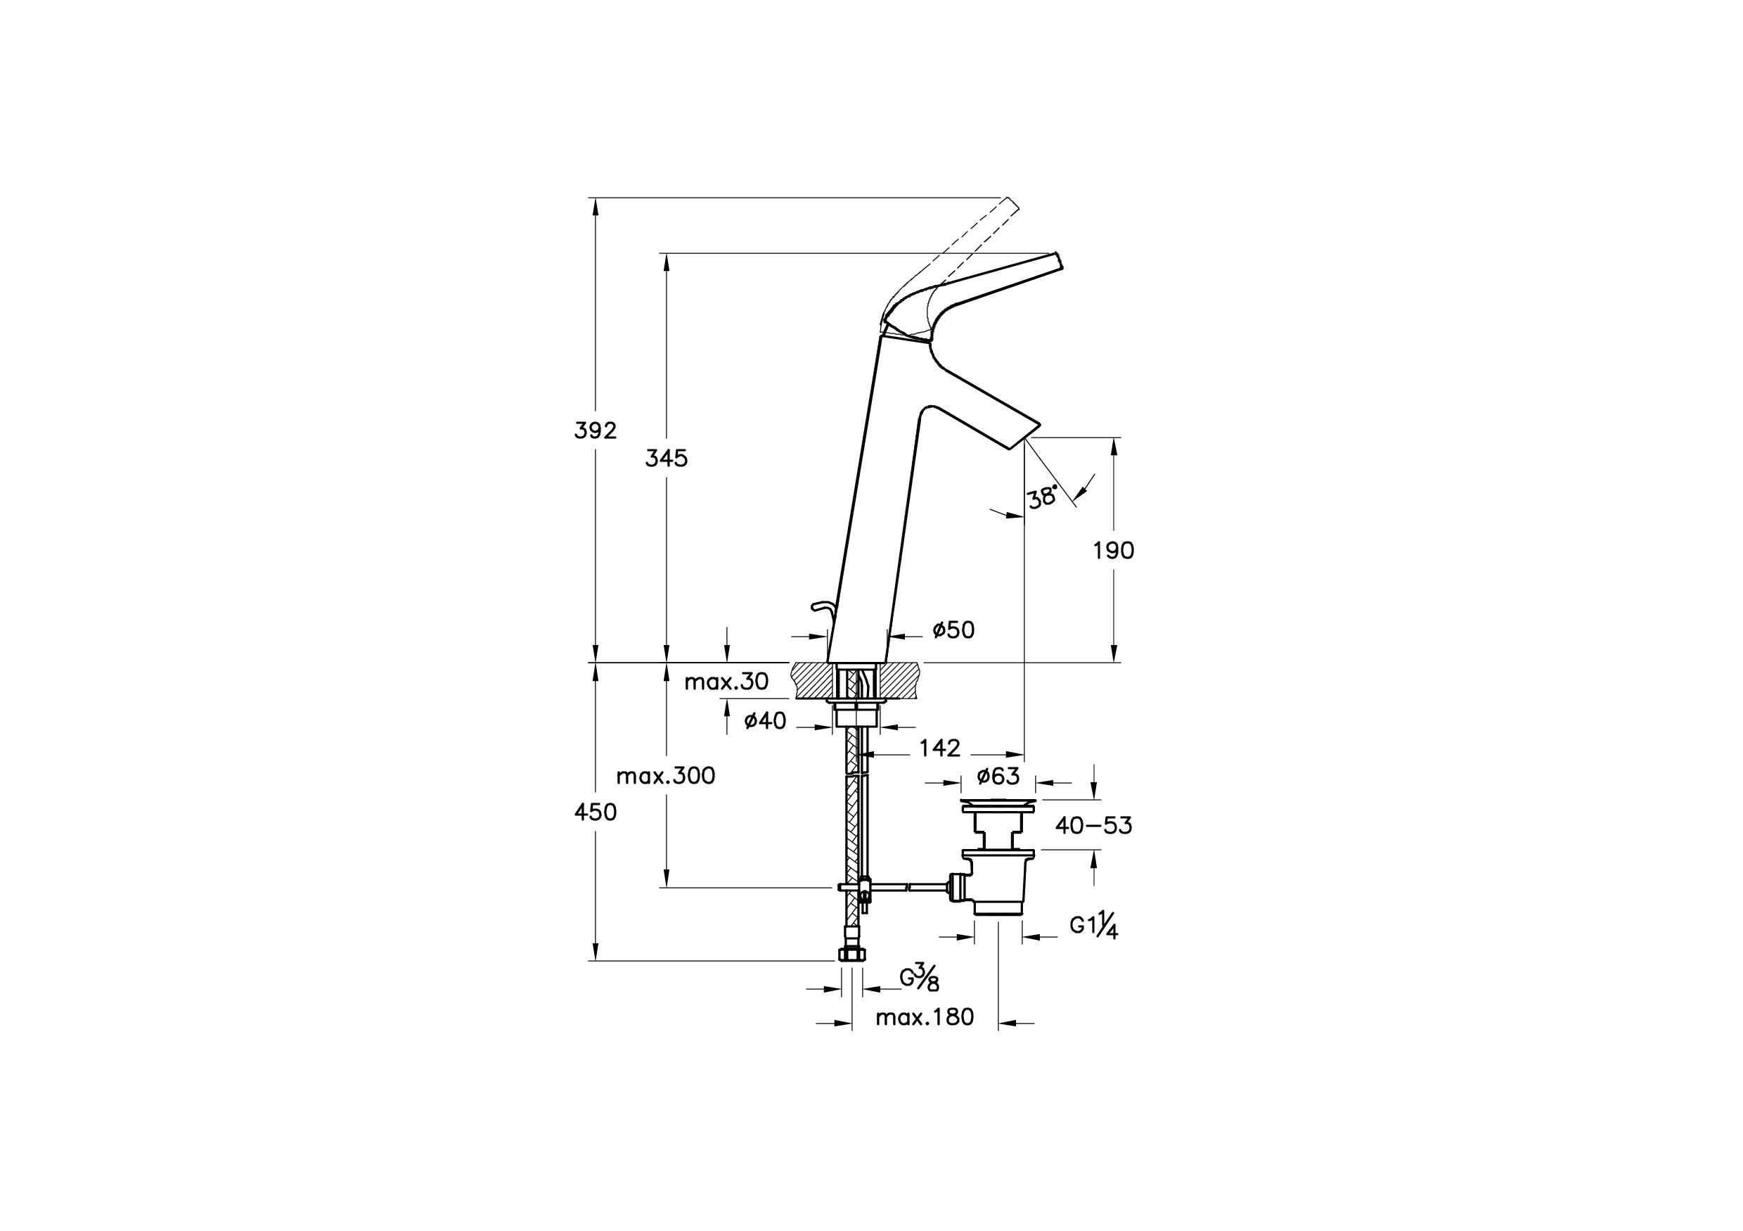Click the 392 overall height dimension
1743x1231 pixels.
click(595, 430)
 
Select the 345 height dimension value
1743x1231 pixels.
click(666, 459)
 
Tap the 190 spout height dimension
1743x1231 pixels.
click(1113, 551)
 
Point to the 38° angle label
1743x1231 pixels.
click(1042, 497)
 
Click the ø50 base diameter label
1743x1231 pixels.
click(953, 630)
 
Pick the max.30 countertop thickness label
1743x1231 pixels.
click(726, 682)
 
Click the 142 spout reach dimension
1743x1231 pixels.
click(939, 748)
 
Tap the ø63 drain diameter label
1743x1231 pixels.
click(998, 776)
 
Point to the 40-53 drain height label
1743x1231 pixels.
click(1093, 826)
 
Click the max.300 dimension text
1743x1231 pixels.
click(665, 776)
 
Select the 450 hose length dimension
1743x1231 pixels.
click(595, 812)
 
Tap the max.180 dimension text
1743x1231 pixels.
click(924, 1018)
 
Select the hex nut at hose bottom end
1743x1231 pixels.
click(851, 955)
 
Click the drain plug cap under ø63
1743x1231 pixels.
click(998, 804)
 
